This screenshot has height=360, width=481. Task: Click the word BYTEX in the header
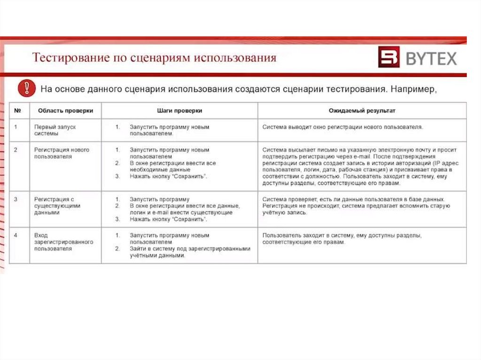[431, 58]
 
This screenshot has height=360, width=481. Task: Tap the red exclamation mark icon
[26, 88]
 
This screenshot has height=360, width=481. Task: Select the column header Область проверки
[65, 111]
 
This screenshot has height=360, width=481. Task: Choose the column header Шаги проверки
[179, 111]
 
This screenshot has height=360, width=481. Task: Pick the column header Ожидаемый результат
[362, 111]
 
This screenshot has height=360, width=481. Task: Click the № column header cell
[18, 111]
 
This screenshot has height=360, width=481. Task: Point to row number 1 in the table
[16, 127]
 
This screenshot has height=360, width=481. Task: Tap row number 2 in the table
[16, 150]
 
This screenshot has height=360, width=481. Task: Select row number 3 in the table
[16, 199]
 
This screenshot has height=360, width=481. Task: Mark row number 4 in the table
[16, 235]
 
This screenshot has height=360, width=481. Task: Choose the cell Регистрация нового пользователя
[62, 153]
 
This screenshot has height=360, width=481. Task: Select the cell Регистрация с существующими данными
[57, 206]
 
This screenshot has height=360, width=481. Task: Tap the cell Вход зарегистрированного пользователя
[63, 242]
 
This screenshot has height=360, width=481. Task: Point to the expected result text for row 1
[343, 127]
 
